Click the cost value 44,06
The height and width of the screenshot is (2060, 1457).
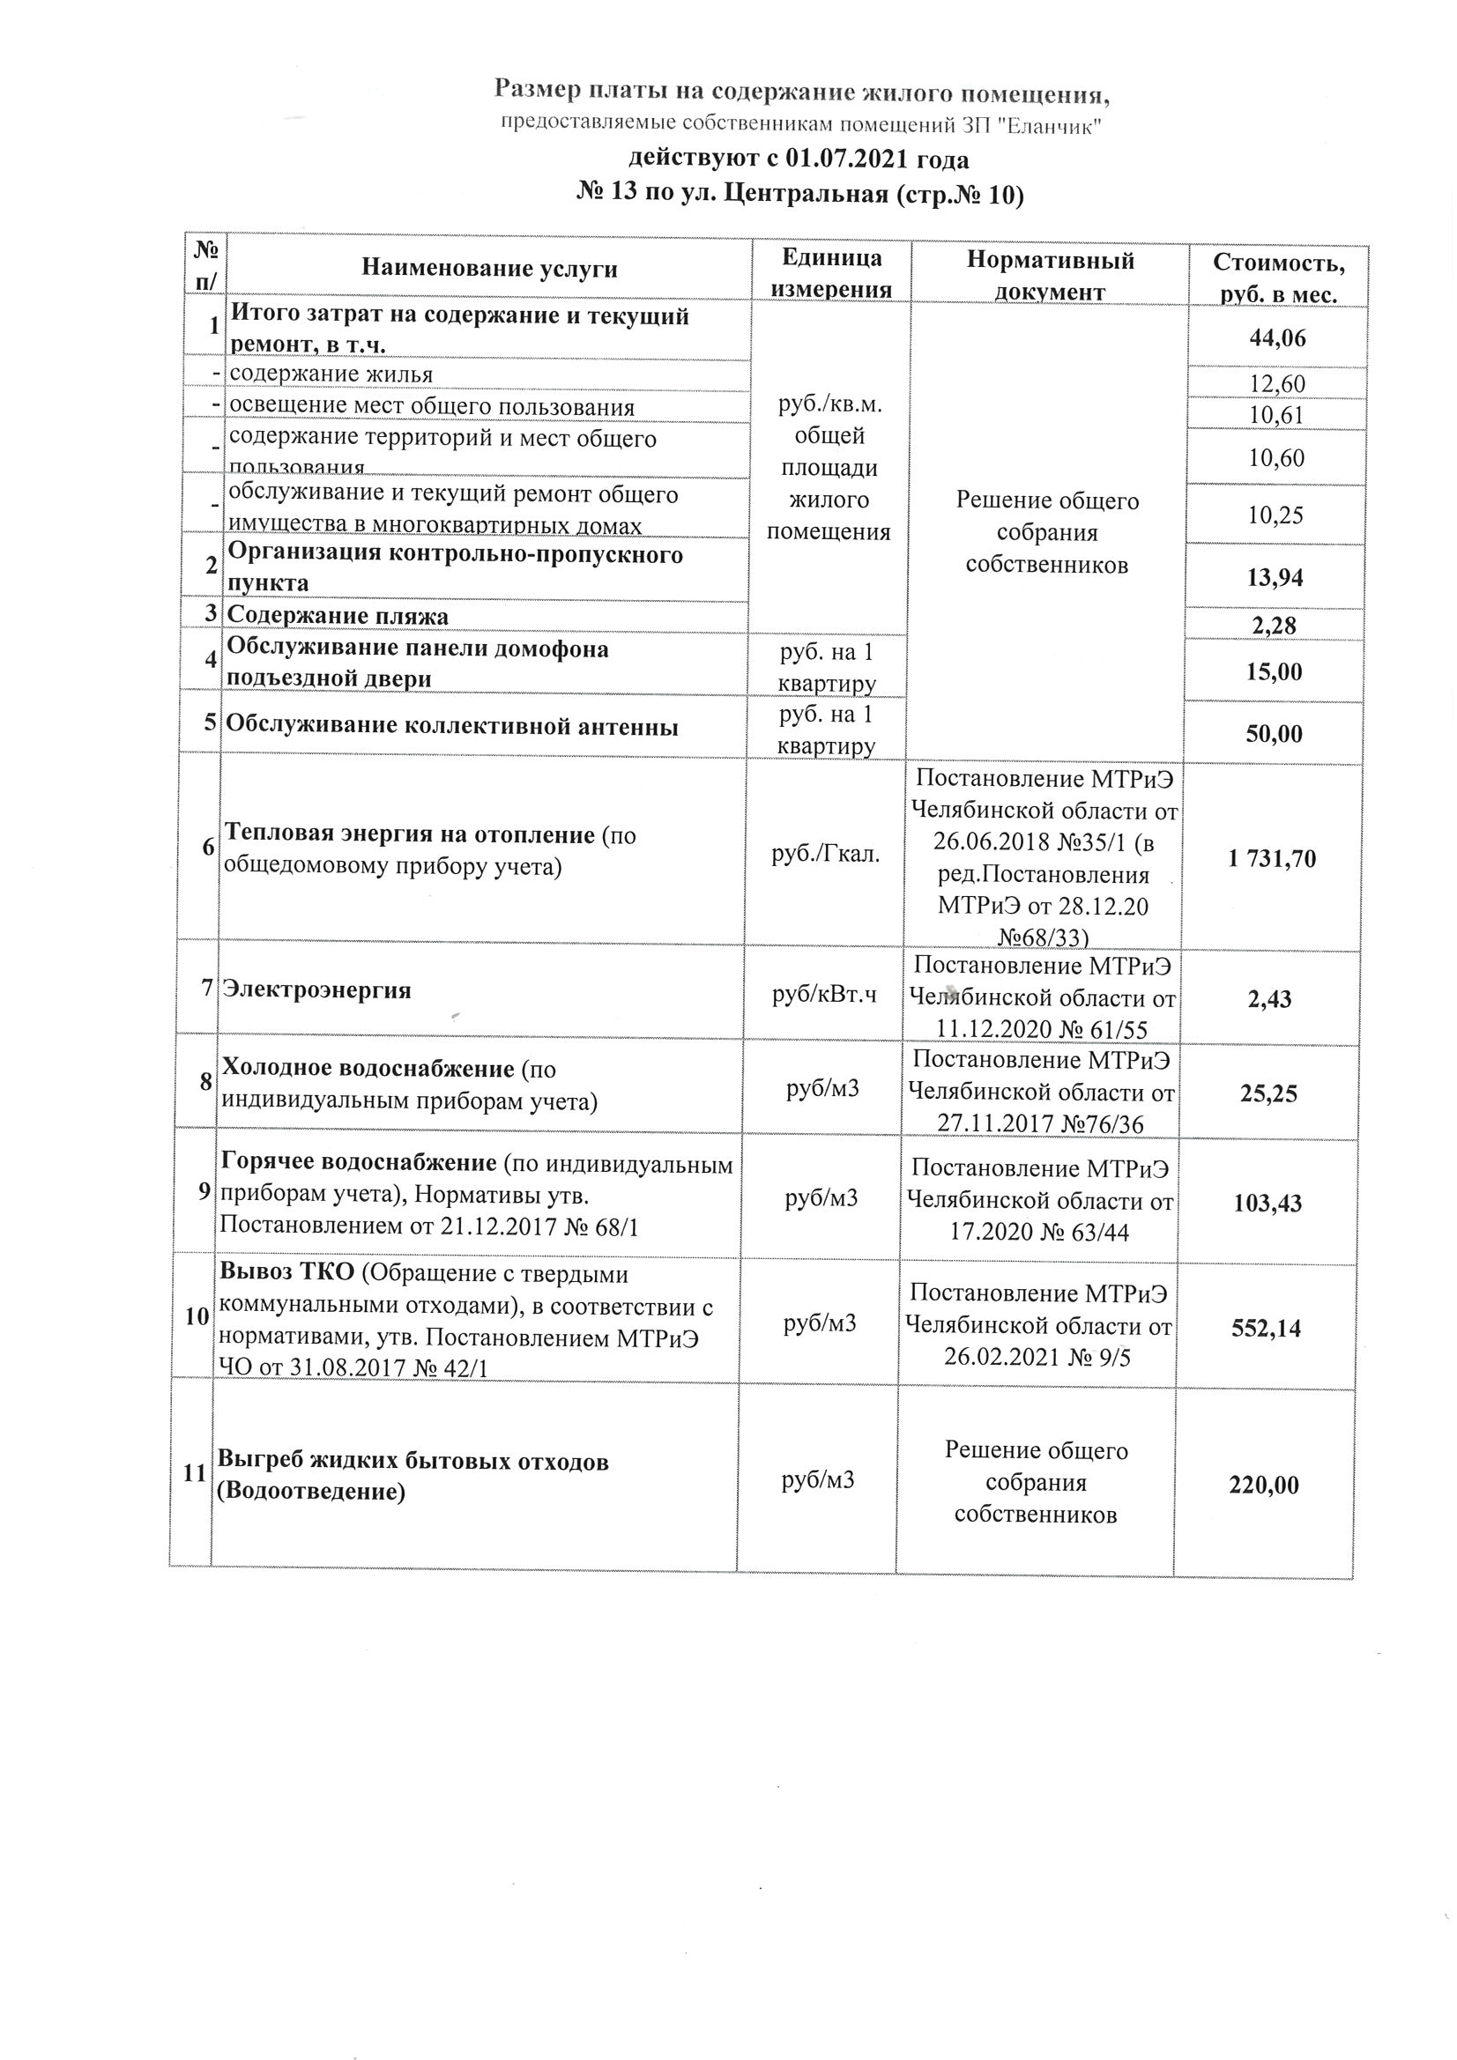point(1276,338)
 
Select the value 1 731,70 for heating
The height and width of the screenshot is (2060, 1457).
point(1272,859)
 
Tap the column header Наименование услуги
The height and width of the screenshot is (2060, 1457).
point(489,269)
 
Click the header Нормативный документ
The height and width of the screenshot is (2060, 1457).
point(1050,276)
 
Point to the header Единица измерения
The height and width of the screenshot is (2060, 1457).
point(831,273)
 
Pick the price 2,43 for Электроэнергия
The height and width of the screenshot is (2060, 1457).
point(1269,998)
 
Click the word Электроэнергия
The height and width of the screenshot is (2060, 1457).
point(317,990)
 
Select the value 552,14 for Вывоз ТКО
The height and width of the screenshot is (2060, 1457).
point(1266,1328)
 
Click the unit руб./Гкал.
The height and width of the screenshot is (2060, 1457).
point(826,854)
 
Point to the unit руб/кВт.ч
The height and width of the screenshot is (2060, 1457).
point(824,994)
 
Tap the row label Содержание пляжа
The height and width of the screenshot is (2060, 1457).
point(338,616)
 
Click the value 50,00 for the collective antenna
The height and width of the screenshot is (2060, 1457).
point(1274,734)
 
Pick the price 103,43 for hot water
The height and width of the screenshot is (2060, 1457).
point(1267,1203)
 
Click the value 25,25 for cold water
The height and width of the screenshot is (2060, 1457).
point(1268,1093)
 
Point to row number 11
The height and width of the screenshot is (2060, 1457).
point(194,1473)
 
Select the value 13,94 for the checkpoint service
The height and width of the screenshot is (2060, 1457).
point(1275,578)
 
